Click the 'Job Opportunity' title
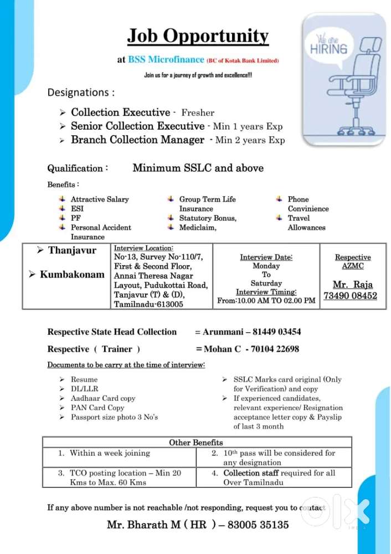pos(198,37)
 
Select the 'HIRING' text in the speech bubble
pos(333,48)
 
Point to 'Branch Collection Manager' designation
pos(137,140)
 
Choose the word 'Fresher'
pos(198,113)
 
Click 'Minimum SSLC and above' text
pos(198,168)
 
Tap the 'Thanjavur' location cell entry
pos(72,250)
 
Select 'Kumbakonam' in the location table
pos(72,275)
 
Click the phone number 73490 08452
pos(350,296)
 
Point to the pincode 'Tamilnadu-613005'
pos(148,304)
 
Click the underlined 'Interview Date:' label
pos(266,257)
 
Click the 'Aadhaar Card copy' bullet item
pos(103,398)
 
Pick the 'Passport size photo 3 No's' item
pos(114,417)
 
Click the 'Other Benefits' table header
pos(196,442)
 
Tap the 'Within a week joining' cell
pos(110,453)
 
